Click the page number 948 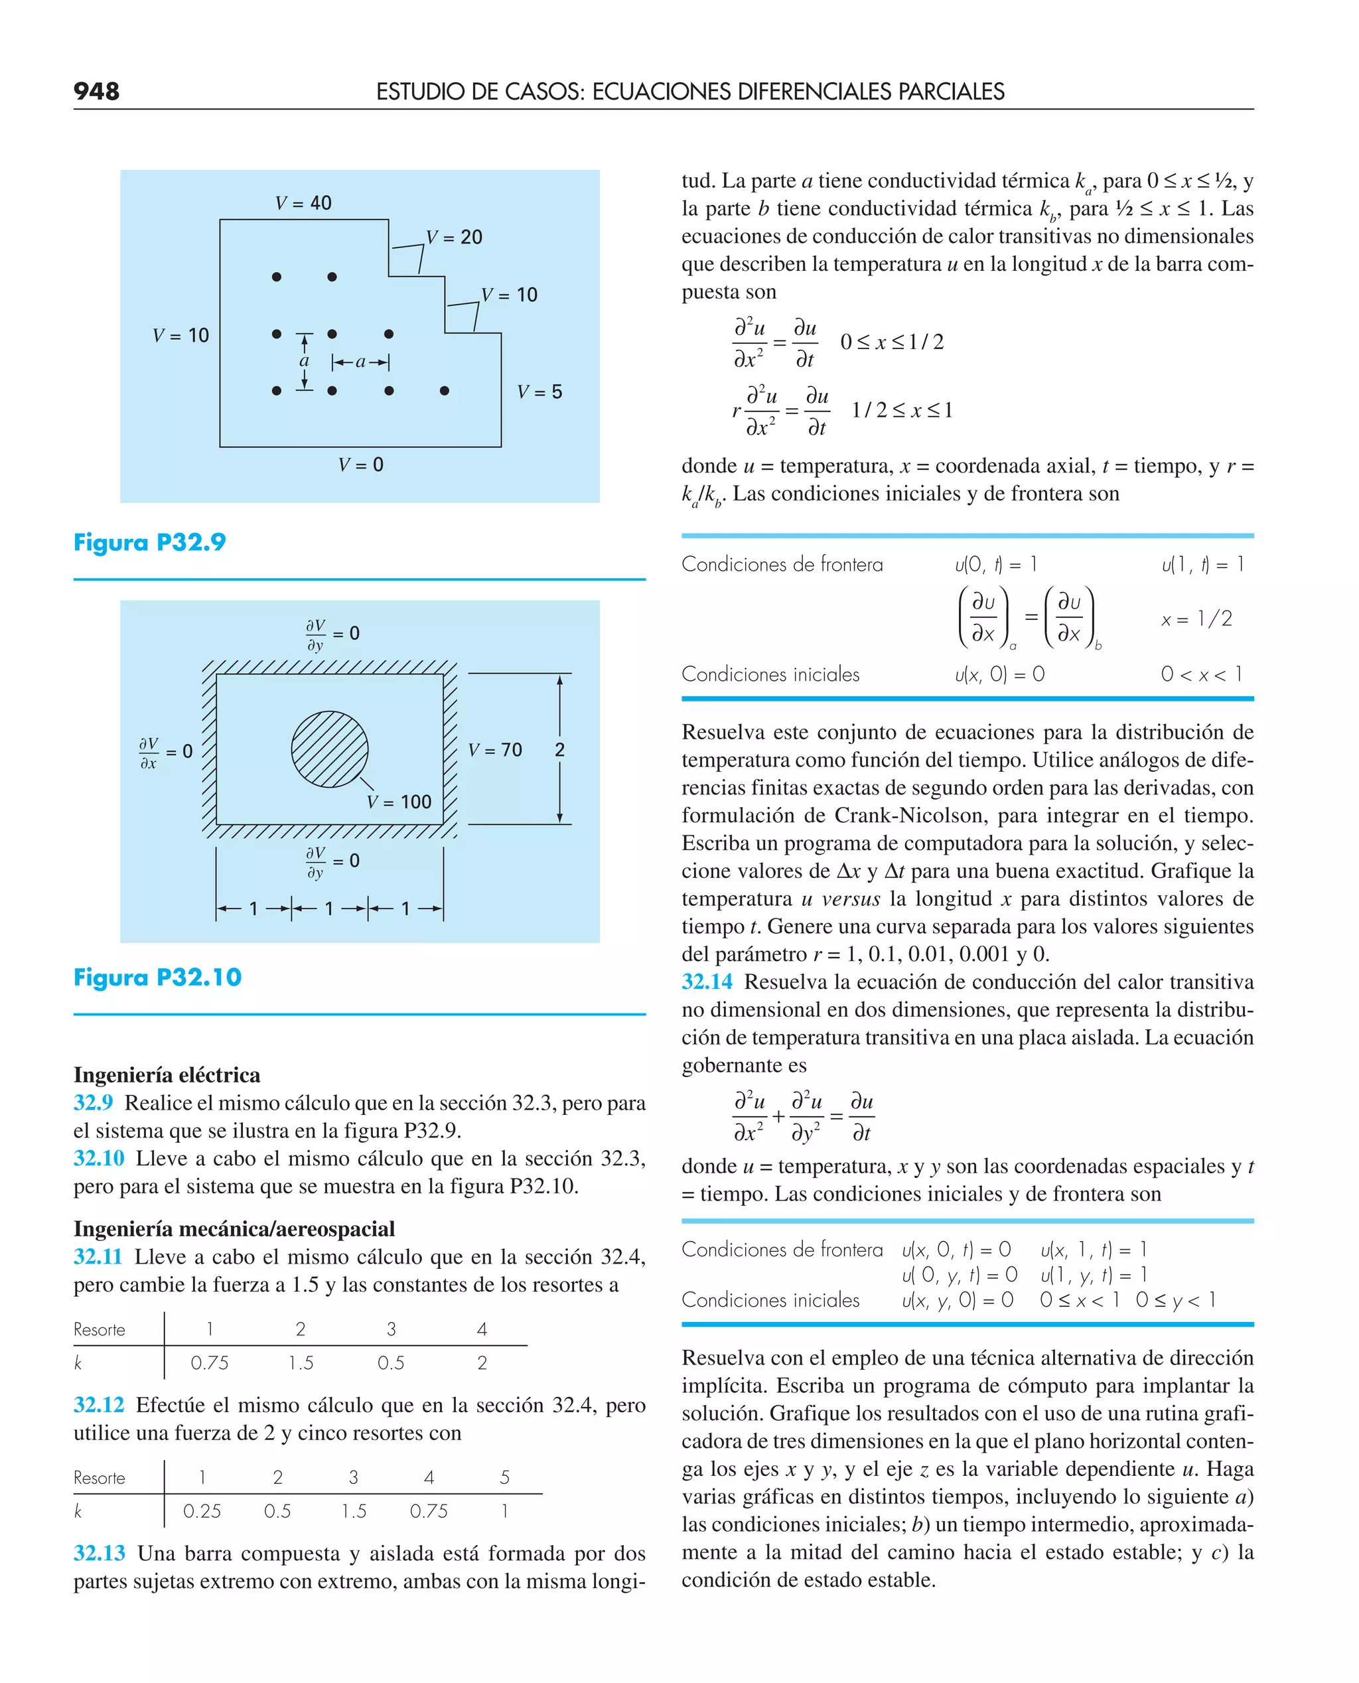96,92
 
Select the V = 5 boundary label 539,392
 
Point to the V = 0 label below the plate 360,465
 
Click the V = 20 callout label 454,237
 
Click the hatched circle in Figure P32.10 330,749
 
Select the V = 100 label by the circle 399,802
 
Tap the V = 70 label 495,750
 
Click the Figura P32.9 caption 149,542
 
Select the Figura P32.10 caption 157,977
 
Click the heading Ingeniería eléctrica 167,1075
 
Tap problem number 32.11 98,1256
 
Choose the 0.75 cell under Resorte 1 210,1363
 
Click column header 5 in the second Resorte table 504,1477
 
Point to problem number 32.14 707,982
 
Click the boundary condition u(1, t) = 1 1202,563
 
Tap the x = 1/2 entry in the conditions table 1196,619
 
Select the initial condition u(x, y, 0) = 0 957,1299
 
